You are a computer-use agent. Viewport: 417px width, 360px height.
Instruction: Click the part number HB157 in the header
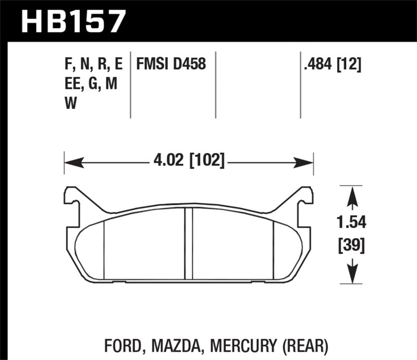(73, 21)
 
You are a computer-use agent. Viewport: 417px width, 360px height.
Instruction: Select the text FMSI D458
(171, 65)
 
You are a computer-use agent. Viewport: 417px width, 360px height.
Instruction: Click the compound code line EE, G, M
(90, 84)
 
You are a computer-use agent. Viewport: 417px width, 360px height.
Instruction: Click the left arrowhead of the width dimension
(70, 162)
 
